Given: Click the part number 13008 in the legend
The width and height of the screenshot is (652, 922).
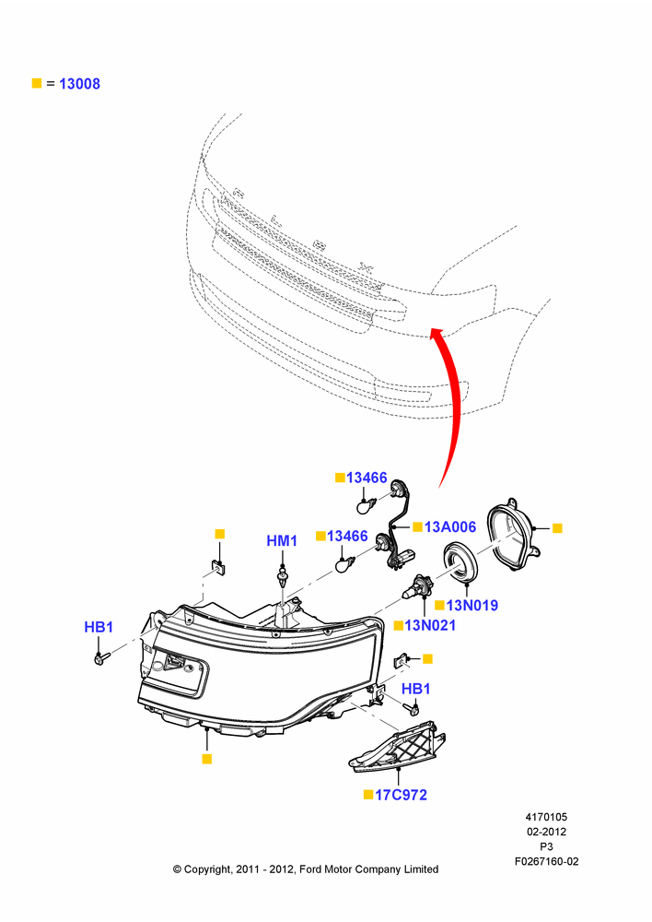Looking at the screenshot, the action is pyautogui.click(x=79, y=84).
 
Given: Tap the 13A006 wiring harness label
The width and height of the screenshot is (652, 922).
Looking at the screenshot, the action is pyautogui.click(x=450, y=526).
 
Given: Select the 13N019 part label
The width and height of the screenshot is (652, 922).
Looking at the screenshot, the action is pyautogui.click(x=472, y=605).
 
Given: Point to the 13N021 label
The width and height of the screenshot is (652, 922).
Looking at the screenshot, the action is pyautogui.click(x=430, y=625).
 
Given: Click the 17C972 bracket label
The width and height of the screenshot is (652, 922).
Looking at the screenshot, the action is pyautogui.click(x=401, y=795).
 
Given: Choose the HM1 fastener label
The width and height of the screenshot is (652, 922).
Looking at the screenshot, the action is pyautogui.click(x=282, y=540).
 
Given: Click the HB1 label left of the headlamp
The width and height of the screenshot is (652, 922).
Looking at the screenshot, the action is pyautogui.click(x=99, y=627).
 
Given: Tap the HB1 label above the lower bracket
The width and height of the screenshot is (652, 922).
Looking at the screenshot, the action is pyautogui.click(x=416, y=689).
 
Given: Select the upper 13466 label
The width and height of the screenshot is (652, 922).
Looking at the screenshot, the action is pyautogui.click(x=367, y=478).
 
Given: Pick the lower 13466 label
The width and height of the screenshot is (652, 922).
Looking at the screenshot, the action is pyautogui.click(x=347, y=536).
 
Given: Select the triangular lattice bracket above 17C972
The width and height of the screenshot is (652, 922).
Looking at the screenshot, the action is pyautogui.click(x=397, y=746).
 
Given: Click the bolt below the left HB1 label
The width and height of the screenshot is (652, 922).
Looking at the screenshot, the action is pyautogui.click(x=101, y=658).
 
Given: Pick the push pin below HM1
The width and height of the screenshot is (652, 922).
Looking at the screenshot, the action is pyautogui.click(x=283, y=576).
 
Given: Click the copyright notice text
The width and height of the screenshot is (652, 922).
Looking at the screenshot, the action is pyautogui.click(x=306, y=869).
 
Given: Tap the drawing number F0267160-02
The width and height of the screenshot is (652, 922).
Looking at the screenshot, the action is pyautogui.click(x=546, y=861).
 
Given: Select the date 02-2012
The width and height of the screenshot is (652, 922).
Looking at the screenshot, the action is pyautogui.click(x=546, y=832).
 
